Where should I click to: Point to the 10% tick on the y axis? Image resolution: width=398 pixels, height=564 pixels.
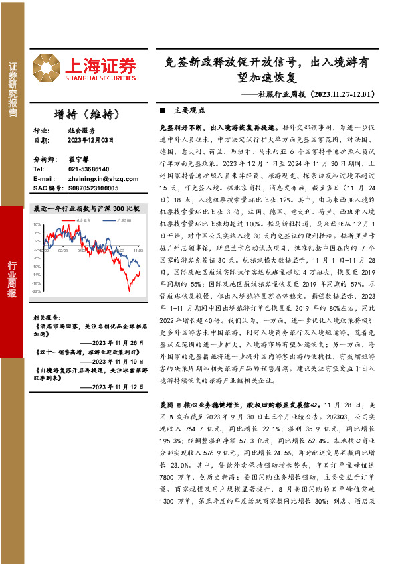coord(37,225)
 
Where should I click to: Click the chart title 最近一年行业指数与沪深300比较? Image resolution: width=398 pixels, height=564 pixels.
coord(86,209)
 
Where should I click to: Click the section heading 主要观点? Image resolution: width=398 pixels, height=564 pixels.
coord(189,110)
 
